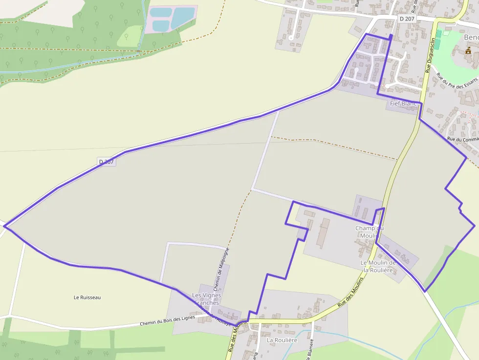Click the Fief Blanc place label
tap(403, 104)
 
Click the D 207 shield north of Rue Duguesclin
tap(407, 19)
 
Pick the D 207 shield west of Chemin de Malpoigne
tap(106, 162)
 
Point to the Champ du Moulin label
tap(369, 232)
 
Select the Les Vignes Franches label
tap(206, 299)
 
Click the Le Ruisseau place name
tap(87, 297)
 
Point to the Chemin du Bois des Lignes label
tap(167, 320)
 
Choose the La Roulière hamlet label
tap(282, 340)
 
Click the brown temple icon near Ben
tap(468, 50)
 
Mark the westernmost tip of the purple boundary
tap(4, 225)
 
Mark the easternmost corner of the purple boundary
tap(474, 225)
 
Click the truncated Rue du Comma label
tap(463, 140)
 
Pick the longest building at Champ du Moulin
tap(323, 233)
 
